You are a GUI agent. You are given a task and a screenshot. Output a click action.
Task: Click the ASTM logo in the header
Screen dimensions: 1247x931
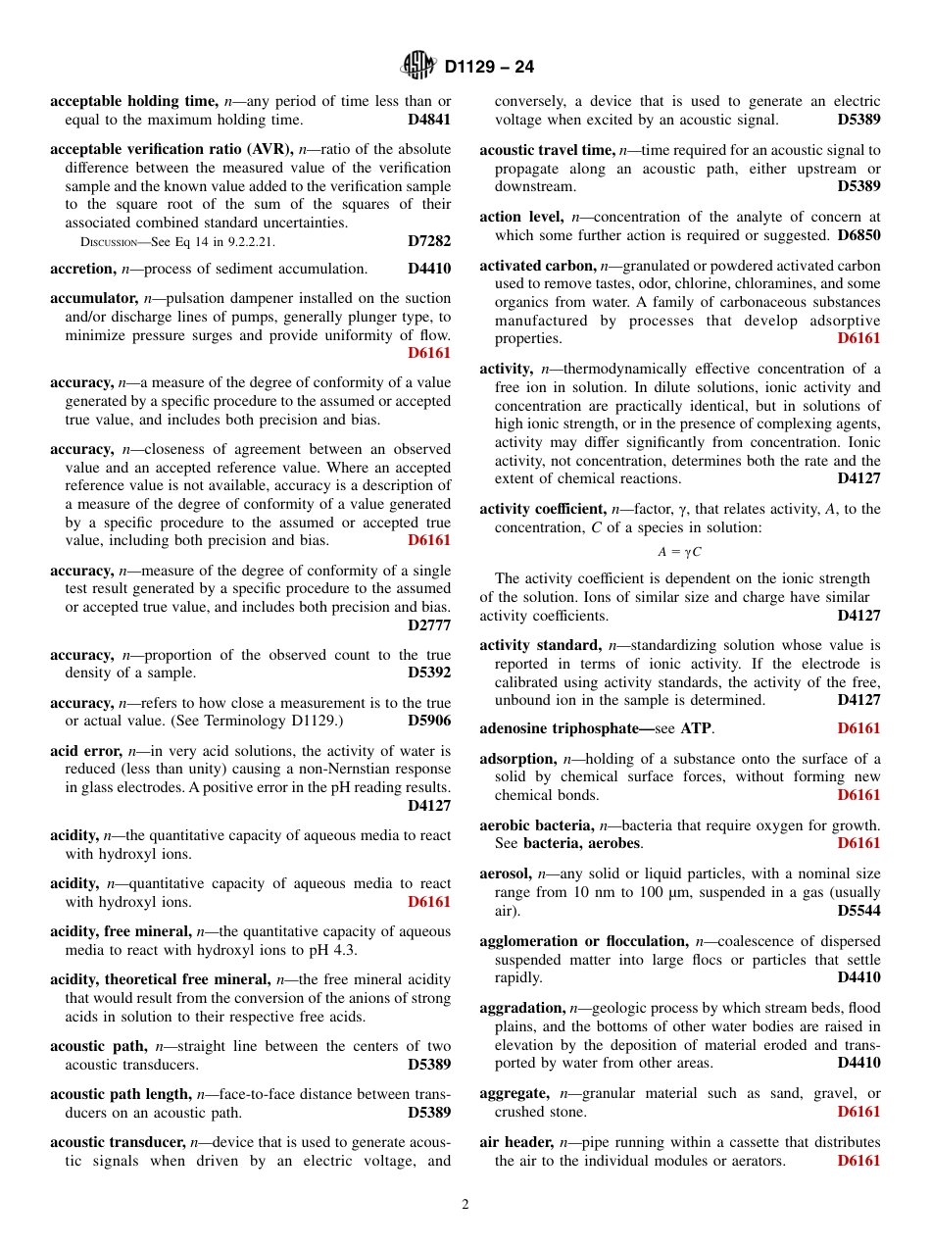click(x=418, y=67)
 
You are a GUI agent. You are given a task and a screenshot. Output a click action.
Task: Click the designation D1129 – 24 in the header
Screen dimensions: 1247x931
click(x=489, y=68)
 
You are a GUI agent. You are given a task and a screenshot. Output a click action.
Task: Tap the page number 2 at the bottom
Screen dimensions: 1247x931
click(x=465, y=1205)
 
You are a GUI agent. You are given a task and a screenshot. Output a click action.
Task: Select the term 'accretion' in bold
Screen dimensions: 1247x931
click(x=82, y=269)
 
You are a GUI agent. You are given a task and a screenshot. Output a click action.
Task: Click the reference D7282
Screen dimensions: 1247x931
click(x=429, y=240)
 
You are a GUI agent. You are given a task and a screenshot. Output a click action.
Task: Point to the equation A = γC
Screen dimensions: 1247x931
click(x=679, y=552)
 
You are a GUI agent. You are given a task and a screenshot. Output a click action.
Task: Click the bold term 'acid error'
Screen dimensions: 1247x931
click(x=85, y=751)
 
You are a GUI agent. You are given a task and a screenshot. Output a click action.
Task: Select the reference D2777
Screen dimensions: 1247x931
click(x=429, y=625)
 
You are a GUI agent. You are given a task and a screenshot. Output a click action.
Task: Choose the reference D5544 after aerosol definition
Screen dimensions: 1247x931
click(x=858, y=911)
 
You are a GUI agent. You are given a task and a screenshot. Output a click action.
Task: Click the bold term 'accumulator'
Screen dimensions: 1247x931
click(x=93, y=298)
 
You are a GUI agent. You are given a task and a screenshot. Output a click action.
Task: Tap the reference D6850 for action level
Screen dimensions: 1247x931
click(x=858, y=236)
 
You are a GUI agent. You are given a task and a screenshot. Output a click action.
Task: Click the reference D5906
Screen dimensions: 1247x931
click(x=429, y=722)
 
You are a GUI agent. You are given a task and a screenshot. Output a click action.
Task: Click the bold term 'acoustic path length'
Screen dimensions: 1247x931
click(x=121, y=1094)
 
